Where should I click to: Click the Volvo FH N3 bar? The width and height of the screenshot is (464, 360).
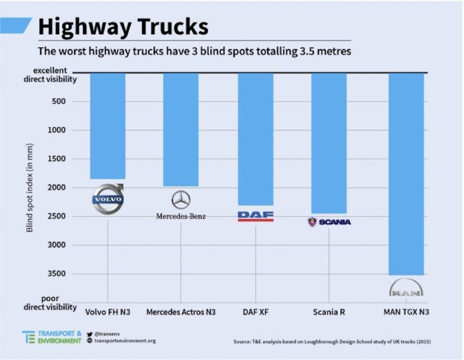click(x=107, y=126)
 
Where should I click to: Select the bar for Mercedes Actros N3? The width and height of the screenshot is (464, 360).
click(x=180, y=129)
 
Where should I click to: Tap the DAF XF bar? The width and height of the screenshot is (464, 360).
click(x=255, y=139)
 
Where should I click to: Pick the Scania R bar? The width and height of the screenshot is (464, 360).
click(x=329, y=143)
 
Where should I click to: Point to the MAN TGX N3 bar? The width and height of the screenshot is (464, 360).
click(x=406, y=172)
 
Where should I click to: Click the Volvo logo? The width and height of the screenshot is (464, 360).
click(x=107, y=198)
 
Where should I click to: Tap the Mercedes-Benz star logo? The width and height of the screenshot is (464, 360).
click(x=181, y=200)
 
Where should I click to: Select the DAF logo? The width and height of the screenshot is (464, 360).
click(x=255, y=215)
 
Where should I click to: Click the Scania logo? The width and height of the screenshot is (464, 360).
click(x=329, y=222)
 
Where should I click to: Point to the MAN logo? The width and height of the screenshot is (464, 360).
click(x=406, y=289)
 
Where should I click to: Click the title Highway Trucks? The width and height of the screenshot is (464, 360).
click(x=123, y=27)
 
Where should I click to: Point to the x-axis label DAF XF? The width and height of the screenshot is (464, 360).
click(x=255, y=312)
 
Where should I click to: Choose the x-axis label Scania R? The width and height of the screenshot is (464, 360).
click(x=329, y=312)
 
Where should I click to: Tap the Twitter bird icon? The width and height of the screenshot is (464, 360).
click(x=89, y=333)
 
